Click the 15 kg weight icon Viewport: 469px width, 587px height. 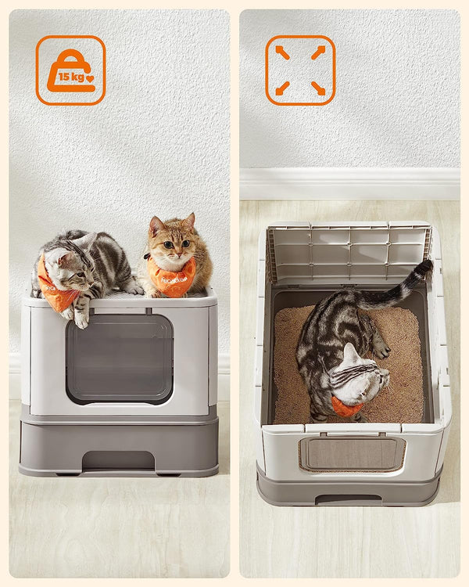pos(70,70)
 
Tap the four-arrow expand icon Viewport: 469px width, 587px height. pos(300,70)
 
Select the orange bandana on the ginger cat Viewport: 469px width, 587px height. pos(173,279)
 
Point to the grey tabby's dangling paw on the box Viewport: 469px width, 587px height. pos(81,318)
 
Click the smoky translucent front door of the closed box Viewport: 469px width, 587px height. pos(120,358)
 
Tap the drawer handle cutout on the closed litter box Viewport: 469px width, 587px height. pos(118,461)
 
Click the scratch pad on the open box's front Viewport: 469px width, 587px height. pos(352,454)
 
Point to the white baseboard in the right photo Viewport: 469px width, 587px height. pos(349,184)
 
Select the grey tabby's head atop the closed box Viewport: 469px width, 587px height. pos(64,266)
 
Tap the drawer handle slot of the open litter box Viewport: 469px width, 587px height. pos(349,499)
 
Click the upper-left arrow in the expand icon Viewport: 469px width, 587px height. pos(282,52)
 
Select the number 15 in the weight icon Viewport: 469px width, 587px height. pos(63,77)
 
